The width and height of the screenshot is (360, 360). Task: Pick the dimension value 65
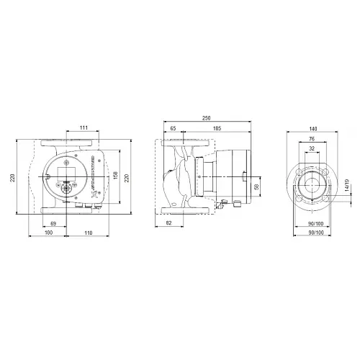point(174,127)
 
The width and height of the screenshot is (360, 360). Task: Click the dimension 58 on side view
point(256,187)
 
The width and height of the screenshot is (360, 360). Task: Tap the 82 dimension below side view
point(168,225)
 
